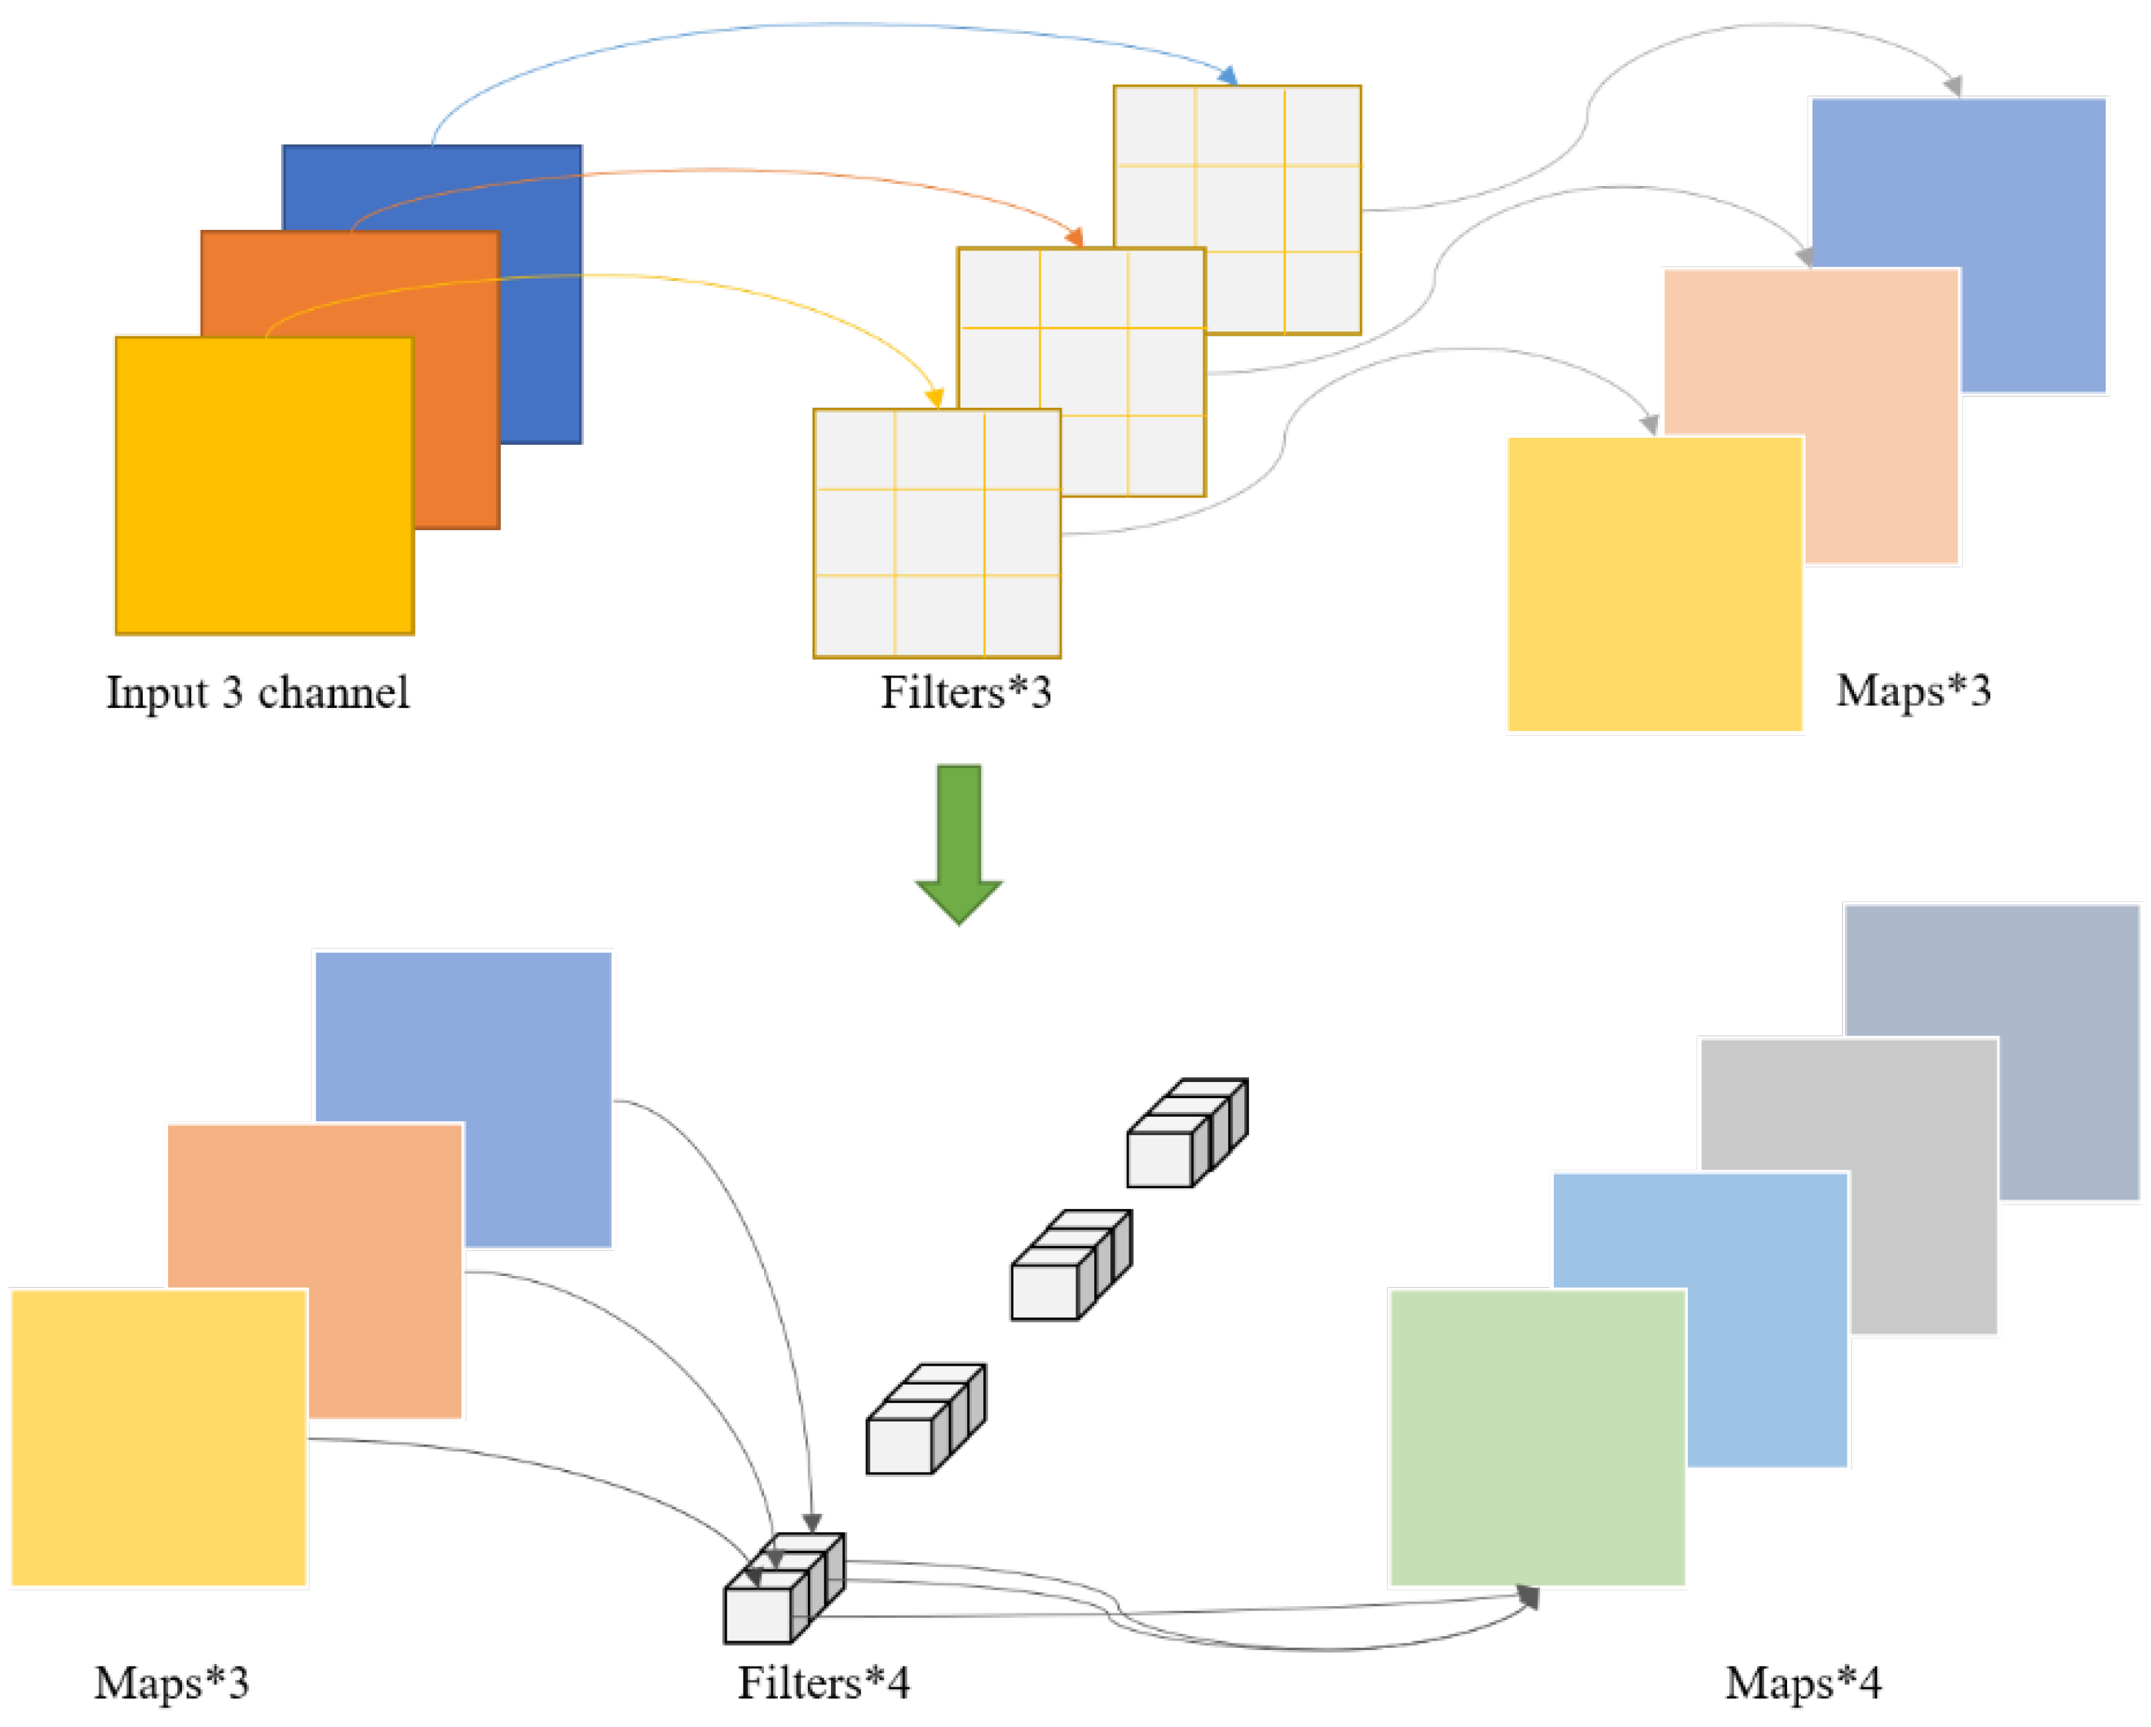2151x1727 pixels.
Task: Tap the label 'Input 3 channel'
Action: coord(257,692)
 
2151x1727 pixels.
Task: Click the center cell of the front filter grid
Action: coord(938,532)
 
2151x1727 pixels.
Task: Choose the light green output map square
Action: coord(1537,1437)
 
